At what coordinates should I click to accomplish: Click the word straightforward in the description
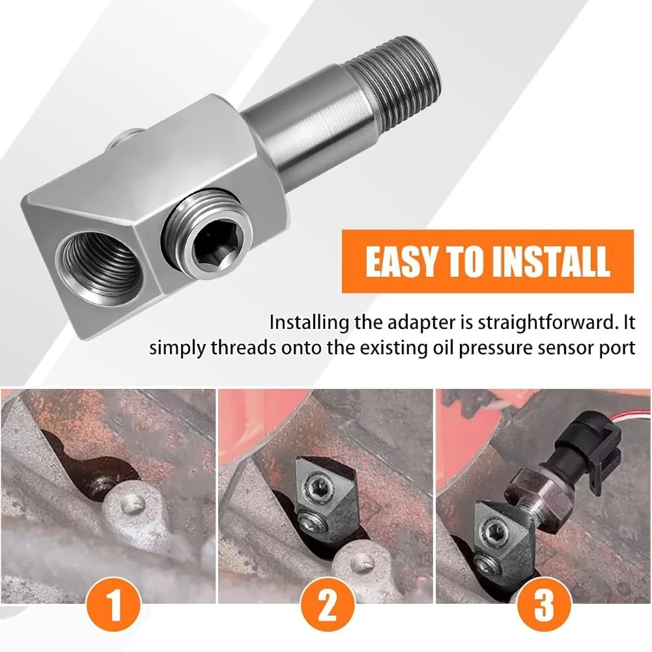point(546,323)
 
